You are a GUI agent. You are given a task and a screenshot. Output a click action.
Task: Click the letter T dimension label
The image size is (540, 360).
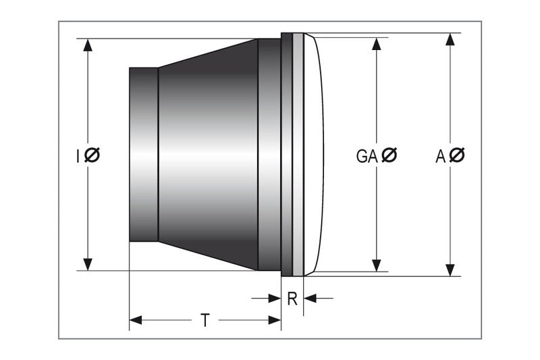point(205,320)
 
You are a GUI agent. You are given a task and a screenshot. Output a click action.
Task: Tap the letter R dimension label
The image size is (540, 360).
point(292,299)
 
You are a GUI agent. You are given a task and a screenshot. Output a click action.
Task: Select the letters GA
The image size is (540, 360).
point(367,156)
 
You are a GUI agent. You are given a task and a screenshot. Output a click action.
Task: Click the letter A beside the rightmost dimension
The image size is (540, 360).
point(440,156)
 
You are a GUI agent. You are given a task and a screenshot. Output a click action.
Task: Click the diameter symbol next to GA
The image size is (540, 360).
point(389,155)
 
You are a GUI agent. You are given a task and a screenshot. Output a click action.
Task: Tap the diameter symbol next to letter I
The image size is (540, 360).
point(92,155)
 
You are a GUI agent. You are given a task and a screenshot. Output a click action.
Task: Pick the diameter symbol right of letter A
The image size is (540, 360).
point(457,155)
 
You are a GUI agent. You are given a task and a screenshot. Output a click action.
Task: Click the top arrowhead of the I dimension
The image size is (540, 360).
point(87,45)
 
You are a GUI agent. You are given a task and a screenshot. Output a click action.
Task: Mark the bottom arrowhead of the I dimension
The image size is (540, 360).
point(87,264)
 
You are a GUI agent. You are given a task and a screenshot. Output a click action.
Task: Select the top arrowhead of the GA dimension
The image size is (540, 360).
point(377,44)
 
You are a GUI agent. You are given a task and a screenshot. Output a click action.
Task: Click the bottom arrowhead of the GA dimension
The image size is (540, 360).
point(377,265)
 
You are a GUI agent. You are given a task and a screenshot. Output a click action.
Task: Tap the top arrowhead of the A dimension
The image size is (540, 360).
point(450,39)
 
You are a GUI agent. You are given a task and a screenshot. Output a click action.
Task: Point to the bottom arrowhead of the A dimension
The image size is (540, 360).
point(450,269)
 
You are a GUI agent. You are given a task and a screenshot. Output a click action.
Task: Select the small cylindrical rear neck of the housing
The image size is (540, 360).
point(143,155)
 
